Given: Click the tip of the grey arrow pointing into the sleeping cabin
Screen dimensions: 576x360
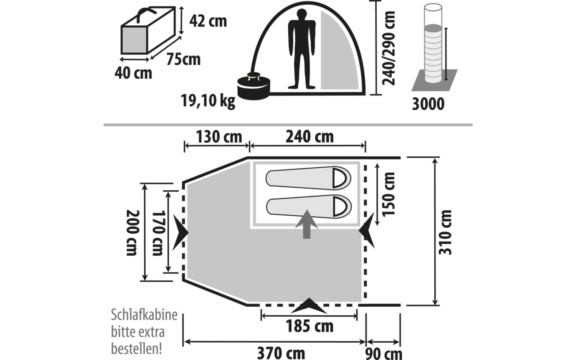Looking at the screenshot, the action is pos(306,210).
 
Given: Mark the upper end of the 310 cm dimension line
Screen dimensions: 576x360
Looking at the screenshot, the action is pos(435,158).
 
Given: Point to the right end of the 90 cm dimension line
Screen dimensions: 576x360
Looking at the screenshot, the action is pos(400,342).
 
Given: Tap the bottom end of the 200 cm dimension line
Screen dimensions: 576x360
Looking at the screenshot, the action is pos(145,281).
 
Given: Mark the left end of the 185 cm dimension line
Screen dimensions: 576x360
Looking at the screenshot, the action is pos(262,317).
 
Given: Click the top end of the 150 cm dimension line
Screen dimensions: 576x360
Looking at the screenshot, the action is pos(377,164).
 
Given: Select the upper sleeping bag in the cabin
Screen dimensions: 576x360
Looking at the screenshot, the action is pos(308,178).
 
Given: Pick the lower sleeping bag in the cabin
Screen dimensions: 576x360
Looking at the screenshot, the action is pos(309,206).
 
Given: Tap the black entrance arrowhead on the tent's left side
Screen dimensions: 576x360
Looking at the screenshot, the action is pos(180,232).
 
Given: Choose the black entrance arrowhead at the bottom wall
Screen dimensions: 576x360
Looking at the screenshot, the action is pos(309,306).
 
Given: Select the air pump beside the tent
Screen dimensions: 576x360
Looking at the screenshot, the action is pos(254,86).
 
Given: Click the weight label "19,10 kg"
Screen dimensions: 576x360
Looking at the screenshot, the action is pos(208,101).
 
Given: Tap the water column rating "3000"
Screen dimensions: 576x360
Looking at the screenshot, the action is pos(428,104).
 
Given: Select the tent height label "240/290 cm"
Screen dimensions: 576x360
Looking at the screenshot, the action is pos(389,48).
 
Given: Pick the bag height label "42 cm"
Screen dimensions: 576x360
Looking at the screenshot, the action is pos(208,21).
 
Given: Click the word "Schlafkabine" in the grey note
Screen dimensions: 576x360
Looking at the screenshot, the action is pos(144,315).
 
